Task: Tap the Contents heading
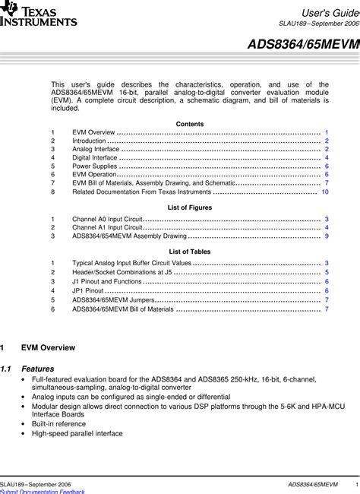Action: (x=189, y=123)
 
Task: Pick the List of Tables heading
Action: (x=189, y=251)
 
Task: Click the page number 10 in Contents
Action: (x=325, y=192)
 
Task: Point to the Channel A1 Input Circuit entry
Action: (x=107, y=227)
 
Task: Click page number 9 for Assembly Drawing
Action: (x=327, y=236)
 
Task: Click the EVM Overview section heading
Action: (x=47, y=347)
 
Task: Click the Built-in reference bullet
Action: (x=58, y=424)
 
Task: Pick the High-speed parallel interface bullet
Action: (x=77, y=434)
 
